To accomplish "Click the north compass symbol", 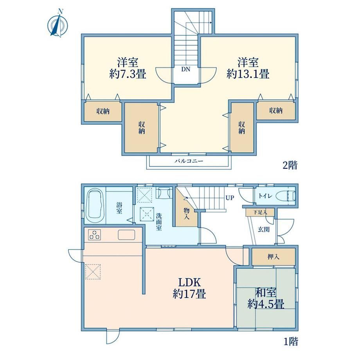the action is point(58,23).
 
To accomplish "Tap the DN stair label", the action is point(186,69).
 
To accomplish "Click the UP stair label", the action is point(230,198).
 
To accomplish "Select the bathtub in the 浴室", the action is point(95,206).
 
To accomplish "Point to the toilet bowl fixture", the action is point(285,196).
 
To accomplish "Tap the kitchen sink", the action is point(126,235).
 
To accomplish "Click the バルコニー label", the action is point(189,161).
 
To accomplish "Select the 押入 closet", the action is point(274,256).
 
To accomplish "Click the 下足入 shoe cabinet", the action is point(260,212).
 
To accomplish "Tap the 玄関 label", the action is point(264,229).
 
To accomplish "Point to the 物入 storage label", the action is point(186,213).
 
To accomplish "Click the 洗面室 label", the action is point(159,222).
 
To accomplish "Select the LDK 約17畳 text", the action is point(189,288).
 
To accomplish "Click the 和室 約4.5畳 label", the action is point(266,299).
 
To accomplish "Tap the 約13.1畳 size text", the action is point(248,74).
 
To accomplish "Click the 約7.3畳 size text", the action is point(128,74).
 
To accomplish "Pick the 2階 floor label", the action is point(290,165).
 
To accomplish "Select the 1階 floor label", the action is point(291,342).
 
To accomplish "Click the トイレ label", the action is point(265,196).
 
